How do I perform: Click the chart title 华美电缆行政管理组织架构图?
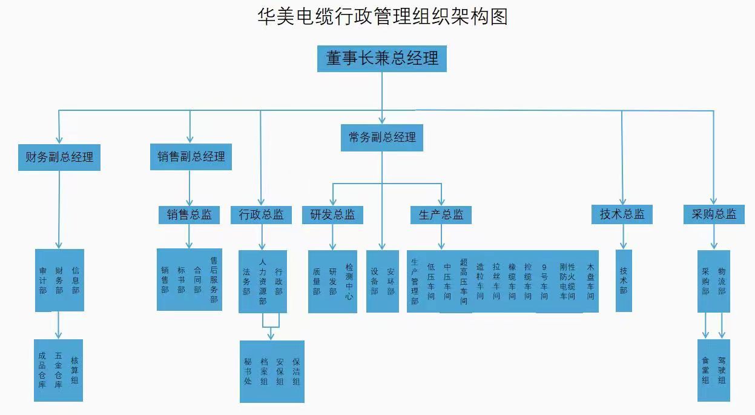point(382,16)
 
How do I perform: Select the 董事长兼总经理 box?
point(382,59)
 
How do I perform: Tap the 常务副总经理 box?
point(382,138)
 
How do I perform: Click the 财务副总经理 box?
point(59,158)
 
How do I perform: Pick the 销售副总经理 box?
point(191,156)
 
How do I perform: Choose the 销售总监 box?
point(190,214)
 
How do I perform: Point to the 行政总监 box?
point(261,214)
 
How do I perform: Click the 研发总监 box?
point(332,214)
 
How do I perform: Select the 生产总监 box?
point(441,214)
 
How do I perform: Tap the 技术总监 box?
point(622,214)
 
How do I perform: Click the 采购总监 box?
point(714,214)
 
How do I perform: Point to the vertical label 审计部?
point(42,281)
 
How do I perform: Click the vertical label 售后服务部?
point(214,280)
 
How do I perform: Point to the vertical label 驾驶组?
point(721,370)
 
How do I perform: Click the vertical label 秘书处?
point(248,371)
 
